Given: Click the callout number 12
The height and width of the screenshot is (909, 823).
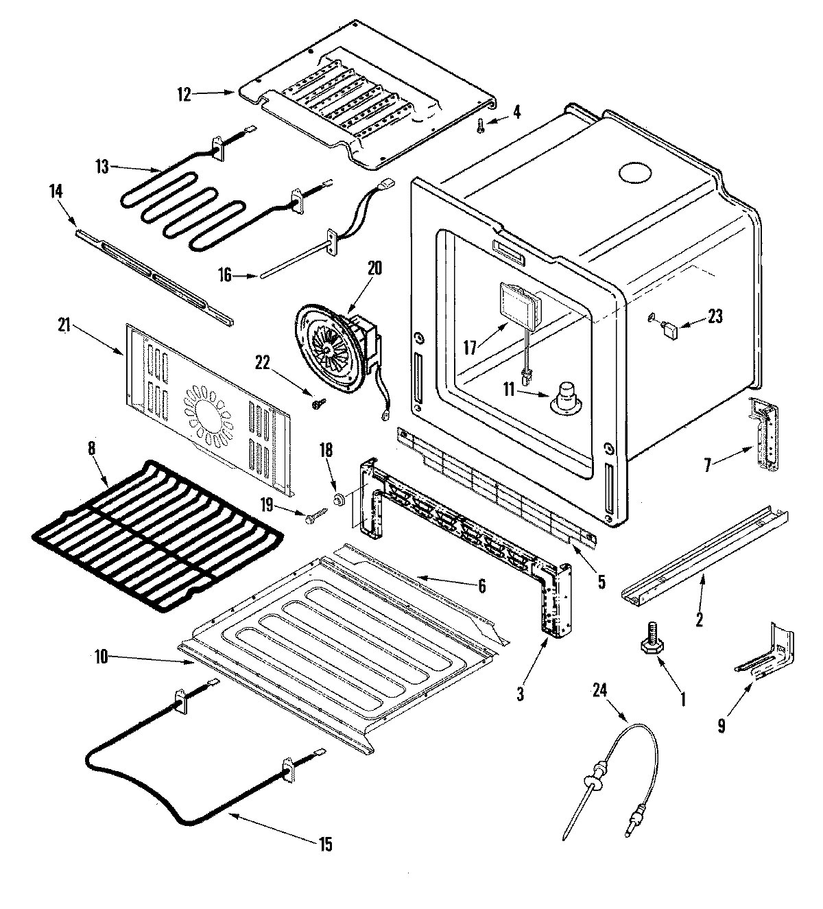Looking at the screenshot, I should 184,94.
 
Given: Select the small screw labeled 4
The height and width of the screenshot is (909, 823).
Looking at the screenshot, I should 481,125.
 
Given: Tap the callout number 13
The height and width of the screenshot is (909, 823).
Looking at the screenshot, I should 102,167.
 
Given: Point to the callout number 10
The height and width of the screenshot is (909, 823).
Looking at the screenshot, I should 101,657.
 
